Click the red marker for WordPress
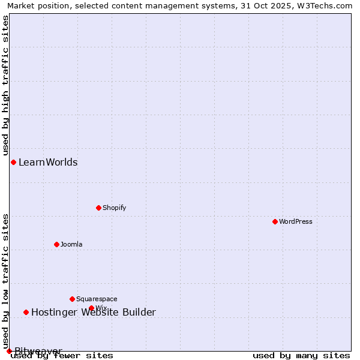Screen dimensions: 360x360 click(x=275, y=221)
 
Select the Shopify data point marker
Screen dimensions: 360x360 click(x=98, y=208)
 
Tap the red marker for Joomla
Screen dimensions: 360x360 click(x=56, y=244)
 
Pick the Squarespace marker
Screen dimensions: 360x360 click(x=72, y=299)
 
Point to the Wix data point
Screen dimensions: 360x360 click(x=91, y=308)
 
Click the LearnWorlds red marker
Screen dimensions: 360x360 click(x=13, y=162)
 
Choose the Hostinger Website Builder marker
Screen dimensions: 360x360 click(x=26, y=312)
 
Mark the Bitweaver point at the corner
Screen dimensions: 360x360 click(x=9, y=351)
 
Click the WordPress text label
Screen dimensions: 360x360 click(x=296, y=221)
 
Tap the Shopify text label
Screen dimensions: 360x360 click(x=114, y=208)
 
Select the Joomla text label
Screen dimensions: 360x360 click(x=71, y=244)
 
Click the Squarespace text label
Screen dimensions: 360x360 click(x=97, y=299)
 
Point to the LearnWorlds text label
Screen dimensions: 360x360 click(x=48, y=162)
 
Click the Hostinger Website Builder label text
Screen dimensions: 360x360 click(x=94, y=312)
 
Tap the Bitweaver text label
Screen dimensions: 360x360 click(x=38, y=351)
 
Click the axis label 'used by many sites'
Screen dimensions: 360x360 click(x=301, y=355)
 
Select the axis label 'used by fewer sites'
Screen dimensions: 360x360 click(x=62, y=355)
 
